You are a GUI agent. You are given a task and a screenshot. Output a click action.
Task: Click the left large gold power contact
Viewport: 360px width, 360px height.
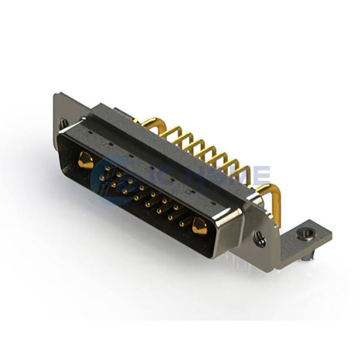85,160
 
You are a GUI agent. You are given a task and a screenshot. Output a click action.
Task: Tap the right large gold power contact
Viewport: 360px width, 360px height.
199,227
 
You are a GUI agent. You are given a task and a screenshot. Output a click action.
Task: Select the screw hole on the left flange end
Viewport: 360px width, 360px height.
64,124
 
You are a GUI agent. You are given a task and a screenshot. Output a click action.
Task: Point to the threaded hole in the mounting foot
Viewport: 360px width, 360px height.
306,235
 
